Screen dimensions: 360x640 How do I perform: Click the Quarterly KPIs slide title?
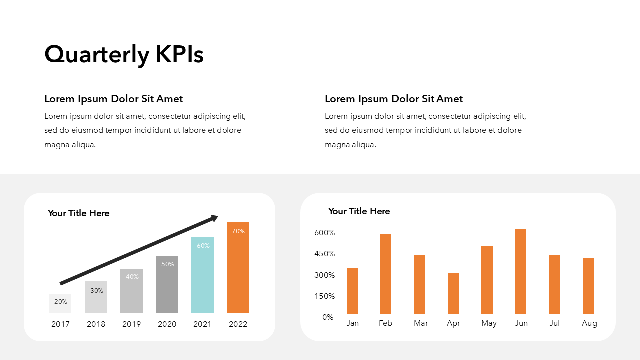[124, 54]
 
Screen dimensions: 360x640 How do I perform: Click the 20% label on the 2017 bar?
[60, 302]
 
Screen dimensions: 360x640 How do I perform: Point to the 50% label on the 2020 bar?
[167, 264]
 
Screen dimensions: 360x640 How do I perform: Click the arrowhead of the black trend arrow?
[215, 218]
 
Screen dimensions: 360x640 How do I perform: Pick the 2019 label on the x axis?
[131, 324]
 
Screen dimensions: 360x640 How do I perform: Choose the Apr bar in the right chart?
[453, 293]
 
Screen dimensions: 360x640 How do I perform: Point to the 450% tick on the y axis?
[324, 254]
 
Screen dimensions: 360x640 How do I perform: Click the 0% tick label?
[327, 317]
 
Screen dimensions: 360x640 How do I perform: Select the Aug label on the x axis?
[589, 323]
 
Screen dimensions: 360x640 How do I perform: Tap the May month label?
[489, 323]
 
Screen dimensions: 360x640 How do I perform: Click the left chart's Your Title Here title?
[78, 213]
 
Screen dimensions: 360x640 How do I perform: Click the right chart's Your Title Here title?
[359, 211]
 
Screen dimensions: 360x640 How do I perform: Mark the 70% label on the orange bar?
[238, 231]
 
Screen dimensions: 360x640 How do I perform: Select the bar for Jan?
[352, 291]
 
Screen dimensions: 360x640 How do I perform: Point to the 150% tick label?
[324, 296]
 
